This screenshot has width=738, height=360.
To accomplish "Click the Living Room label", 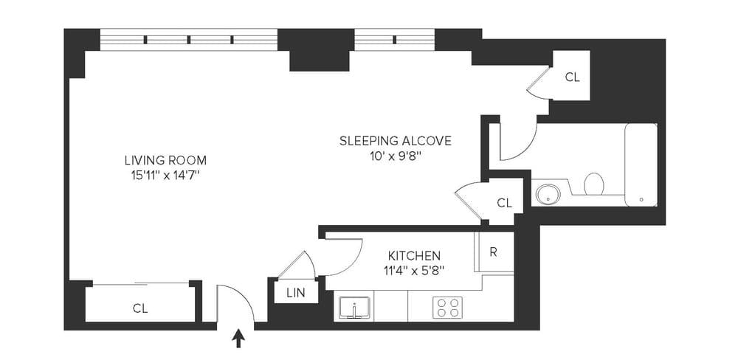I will [x=165, y=159].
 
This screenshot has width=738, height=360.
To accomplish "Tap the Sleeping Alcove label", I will [x=395, y=140].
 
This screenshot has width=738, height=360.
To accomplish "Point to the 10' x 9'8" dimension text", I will [x=395, y=156].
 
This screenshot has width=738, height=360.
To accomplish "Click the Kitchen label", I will [x=414, y=255].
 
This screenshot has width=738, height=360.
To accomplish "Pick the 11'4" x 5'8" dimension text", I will [x=414, y=270].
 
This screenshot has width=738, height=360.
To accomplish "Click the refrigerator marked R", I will [x=493, y=252].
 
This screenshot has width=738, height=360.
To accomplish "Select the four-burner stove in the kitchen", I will [x=448, y=306].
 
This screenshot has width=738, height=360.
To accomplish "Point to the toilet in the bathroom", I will [x=594, y=183].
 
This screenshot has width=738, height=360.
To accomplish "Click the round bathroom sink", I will [x=548, y=194].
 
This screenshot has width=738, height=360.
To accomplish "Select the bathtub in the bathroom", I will [x=641, y=165].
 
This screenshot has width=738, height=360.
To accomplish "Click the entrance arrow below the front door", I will [x=238, y=338].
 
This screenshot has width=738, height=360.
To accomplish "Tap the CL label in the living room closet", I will [x=140, y=308].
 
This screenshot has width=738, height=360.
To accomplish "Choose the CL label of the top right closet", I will [x=573, y=76].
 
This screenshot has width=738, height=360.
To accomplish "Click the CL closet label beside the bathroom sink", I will [x=505, y=202].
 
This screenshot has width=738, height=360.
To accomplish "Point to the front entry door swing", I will [x=235, y=302].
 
